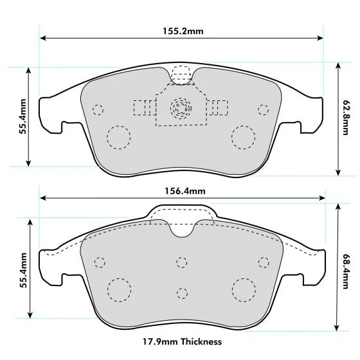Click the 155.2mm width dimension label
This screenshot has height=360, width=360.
tap(183, 31)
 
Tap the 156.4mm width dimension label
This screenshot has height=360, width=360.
tap(185, 191)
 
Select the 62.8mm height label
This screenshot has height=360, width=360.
tap(345, 117)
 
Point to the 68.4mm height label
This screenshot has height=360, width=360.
tap(345, 271)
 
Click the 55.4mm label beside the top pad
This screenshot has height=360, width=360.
tap(22, 116)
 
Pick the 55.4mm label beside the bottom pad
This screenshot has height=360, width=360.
tap(23, 270)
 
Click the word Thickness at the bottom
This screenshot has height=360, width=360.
tap(201, 341)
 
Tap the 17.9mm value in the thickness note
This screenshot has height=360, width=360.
tap(160, 341)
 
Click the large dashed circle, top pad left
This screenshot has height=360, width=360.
tap(118, 138)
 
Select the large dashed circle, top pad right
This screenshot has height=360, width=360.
tap(244, 138)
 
